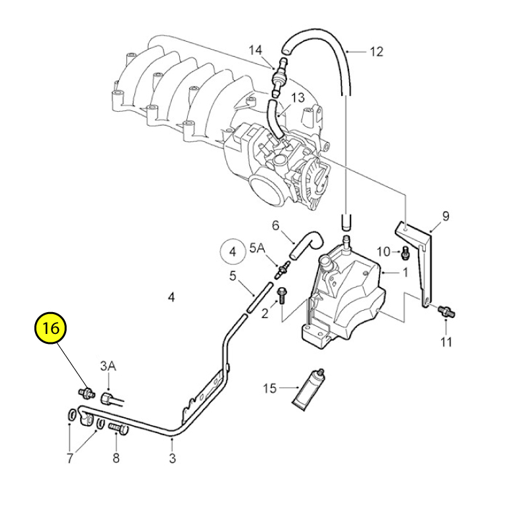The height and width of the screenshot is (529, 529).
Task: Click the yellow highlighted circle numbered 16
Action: pyautogui.click(x=51, y=328)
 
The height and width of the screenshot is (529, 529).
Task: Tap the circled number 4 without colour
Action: pyautogui.click(x=233, y=252)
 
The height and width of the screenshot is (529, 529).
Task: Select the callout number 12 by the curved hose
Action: pyautogui.click(x=376, y=52)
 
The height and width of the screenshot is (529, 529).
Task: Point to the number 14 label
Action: pyautogui.click(x=255, y=50)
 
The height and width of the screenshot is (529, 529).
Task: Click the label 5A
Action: pyautogui.click(x=257, y=248)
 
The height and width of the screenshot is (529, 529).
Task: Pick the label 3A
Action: pyautogui.click(x=108, y=366)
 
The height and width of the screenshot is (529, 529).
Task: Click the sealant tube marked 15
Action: pyautogui.click(x=309, y=389)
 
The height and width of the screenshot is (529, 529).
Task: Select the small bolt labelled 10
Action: pyautogui.click(x=405, y=255)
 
